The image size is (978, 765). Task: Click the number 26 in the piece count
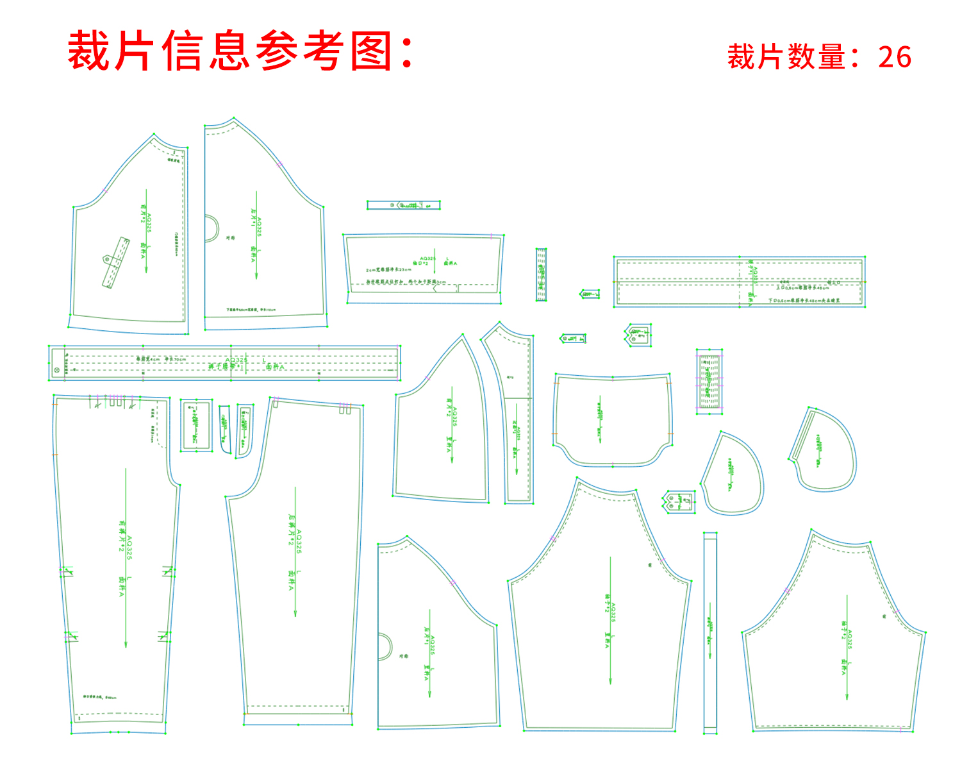895,57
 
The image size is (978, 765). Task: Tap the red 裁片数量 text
786,57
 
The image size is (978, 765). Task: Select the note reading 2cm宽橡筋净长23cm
388,270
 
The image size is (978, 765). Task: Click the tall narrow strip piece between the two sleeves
709,632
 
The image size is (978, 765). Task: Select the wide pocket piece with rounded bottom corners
612,420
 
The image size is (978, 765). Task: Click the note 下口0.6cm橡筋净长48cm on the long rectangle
804,300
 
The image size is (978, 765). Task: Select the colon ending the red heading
407,51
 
